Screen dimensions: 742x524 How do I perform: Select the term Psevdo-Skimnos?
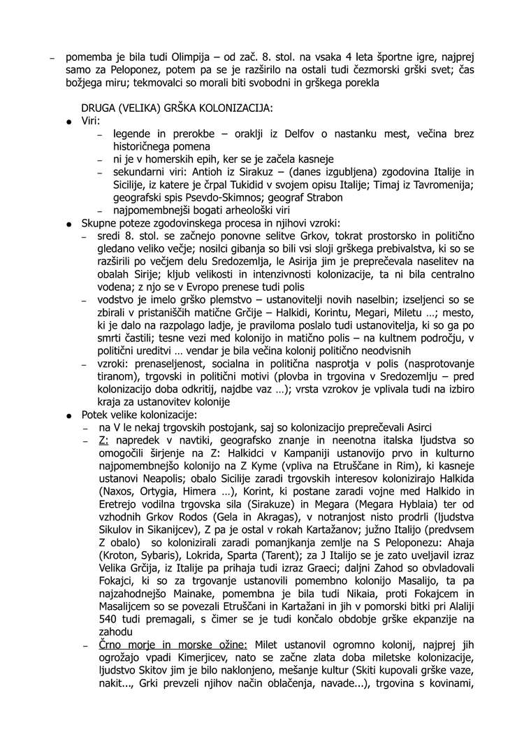pos(190,197)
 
